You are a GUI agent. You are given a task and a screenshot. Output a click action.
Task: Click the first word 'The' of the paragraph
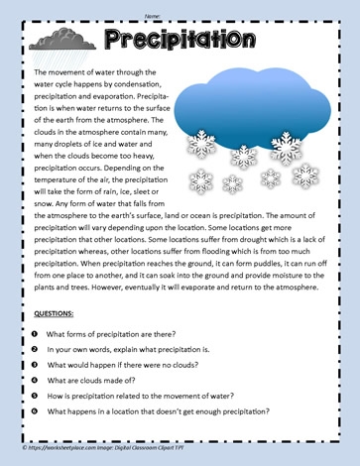pyautogui.click(x=41, y=73)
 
